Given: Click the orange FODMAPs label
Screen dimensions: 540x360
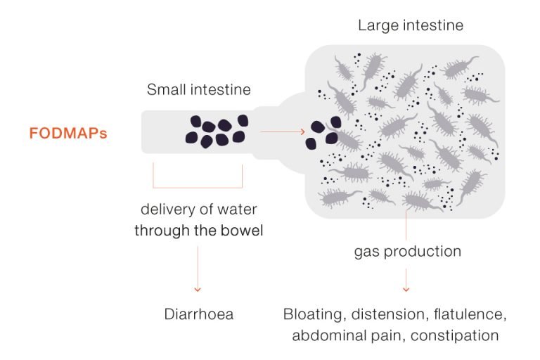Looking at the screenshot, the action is tap(68, 134).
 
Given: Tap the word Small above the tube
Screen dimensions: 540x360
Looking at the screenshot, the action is tap(167, 89).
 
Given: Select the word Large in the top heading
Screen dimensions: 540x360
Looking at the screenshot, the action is tap(378, 26).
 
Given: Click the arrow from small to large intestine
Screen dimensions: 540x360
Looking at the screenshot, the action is tap(283, 131).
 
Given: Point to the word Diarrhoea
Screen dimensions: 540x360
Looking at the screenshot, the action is tap(199, 314).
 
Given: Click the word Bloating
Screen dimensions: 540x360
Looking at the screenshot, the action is tap(313, 314).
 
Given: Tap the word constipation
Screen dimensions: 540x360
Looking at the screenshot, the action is tap(455, 335).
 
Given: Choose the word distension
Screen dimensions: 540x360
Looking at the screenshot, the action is tap(390, 314).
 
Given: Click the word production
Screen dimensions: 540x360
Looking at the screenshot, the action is tap(423, 252).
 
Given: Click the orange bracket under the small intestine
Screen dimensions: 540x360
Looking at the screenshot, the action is tap(198, 188).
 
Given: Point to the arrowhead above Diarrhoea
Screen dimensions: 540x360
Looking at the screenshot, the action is tap(198, 290).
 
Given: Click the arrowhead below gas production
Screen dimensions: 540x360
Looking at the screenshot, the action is tap(406, 290).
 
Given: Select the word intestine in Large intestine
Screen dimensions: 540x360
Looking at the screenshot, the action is tap(432, 25).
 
